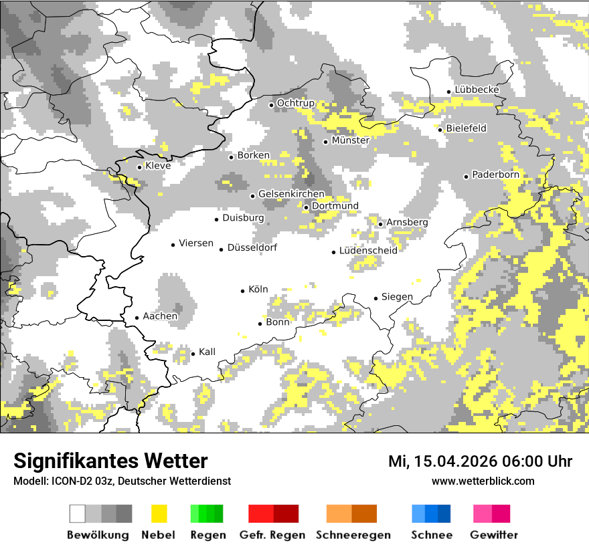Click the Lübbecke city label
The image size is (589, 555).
(x=477, y=90)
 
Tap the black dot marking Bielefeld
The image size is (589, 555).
(x=440, y=129)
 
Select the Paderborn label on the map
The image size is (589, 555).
(x=495, y=175)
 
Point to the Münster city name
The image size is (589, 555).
(x=350, y=141)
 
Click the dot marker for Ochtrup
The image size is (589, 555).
(x=271, y=104)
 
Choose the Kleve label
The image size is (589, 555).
(x=158, y=166)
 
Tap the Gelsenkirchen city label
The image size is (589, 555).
(x=291, y=195)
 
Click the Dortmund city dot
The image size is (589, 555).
(x=306, y=207)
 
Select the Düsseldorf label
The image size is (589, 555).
(x=252, y=248)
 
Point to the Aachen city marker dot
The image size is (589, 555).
(x=137, y=318)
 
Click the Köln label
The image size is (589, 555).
(x=258, y=290)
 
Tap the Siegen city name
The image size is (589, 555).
(x=397, y=297)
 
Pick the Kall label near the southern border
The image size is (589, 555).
(x=207, y=352)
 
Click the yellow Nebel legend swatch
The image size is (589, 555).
(x=159, y=514)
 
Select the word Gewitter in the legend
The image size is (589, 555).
(x=494, y=535)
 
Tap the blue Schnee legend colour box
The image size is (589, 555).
(x=430, y=514)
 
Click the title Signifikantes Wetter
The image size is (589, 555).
(x=110, y=461)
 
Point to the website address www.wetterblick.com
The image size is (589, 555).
(x=483, y=481)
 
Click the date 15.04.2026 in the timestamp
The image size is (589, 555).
(x=452, y=462)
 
